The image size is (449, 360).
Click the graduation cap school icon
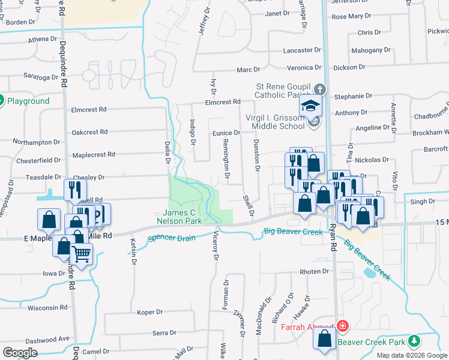click(311, 106)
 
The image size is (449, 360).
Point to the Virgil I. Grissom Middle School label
click(271, 122)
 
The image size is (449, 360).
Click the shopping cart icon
click(81, 254)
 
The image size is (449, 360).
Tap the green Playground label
click(28, 101)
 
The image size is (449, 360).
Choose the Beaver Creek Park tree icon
click(414, 341)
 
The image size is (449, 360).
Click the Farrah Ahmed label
click(306, 327)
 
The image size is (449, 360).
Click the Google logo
click(20, 353)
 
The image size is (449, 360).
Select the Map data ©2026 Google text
click(412, 355)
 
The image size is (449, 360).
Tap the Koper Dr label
click(150, 312)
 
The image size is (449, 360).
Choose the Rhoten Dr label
click(315, 272)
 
